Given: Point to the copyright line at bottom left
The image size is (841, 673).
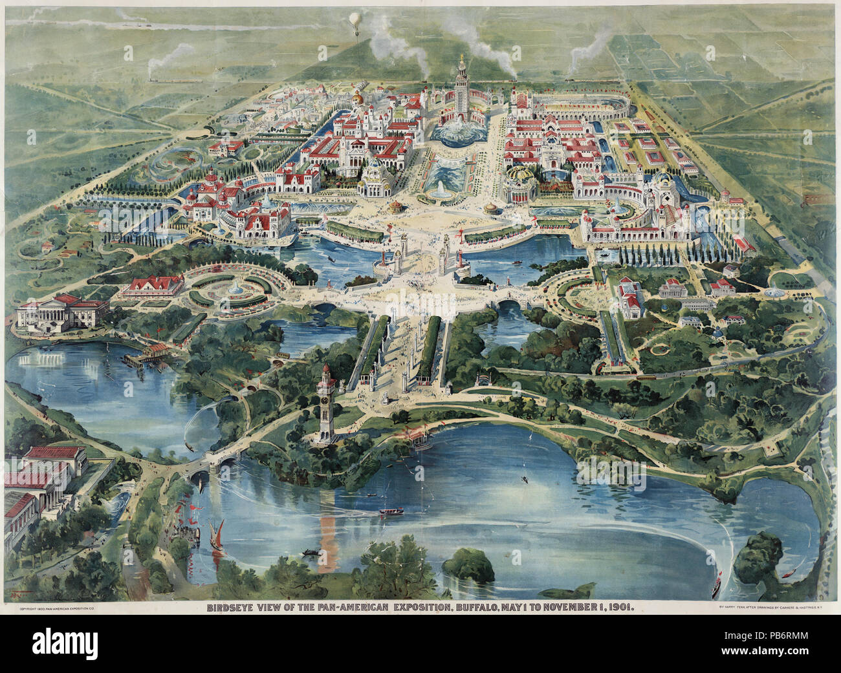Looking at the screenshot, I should tap(58, 608).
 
